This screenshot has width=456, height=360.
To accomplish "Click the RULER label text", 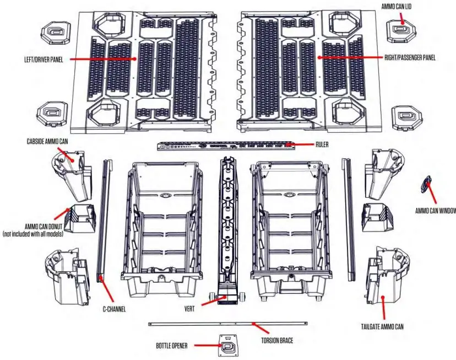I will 324,144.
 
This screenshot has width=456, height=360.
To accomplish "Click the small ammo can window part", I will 424,184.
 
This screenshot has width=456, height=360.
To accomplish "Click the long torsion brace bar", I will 228,324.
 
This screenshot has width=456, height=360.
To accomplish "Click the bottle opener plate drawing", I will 228,345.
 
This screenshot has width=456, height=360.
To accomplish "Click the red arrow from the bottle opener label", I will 207,346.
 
